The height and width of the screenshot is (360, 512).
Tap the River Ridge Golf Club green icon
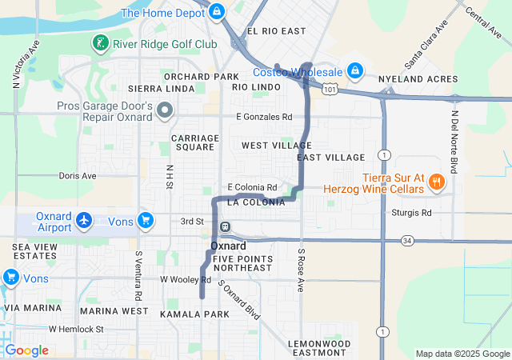100,42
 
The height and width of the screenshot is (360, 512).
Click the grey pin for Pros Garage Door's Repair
165,110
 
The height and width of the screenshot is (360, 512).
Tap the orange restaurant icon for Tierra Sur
436,182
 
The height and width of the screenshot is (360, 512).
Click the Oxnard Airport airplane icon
84,219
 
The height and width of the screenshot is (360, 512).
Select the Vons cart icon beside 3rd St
145,219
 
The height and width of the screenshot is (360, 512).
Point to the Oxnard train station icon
226,226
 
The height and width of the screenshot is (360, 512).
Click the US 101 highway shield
330,90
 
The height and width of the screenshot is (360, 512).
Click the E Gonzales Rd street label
264,117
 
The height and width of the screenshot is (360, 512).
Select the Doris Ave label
78,175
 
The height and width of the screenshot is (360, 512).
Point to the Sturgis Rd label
412,213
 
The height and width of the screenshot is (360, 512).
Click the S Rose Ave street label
302,270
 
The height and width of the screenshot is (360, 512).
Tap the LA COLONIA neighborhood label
256,202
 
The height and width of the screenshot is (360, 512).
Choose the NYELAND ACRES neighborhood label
422,79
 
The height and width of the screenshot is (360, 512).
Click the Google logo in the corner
27,350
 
